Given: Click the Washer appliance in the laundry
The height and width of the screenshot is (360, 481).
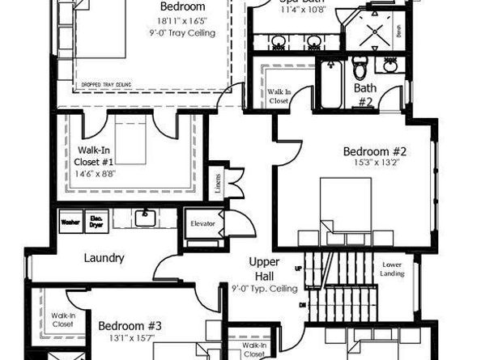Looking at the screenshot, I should click(x=70, y=219).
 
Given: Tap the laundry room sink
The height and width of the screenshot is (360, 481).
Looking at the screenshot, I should click(x=147, y=216).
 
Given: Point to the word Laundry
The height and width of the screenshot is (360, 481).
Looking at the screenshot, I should click(x=104, y=258).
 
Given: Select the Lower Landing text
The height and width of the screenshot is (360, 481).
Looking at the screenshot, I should click(x=394, y=269).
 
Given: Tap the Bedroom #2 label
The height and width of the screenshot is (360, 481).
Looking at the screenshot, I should click(x=374, y=151).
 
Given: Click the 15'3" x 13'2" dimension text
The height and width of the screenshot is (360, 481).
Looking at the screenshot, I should click(x=375, y=163).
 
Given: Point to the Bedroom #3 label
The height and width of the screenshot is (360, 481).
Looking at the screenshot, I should click(x=130, y=326).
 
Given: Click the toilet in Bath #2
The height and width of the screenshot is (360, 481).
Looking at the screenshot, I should click(x=362, y=67).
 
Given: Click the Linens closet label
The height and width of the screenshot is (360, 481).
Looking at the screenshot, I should click(x=216, y=183).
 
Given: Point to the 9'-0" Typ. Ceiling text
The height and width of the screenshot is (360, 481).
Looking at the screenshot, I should click(x=264, y=289).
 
